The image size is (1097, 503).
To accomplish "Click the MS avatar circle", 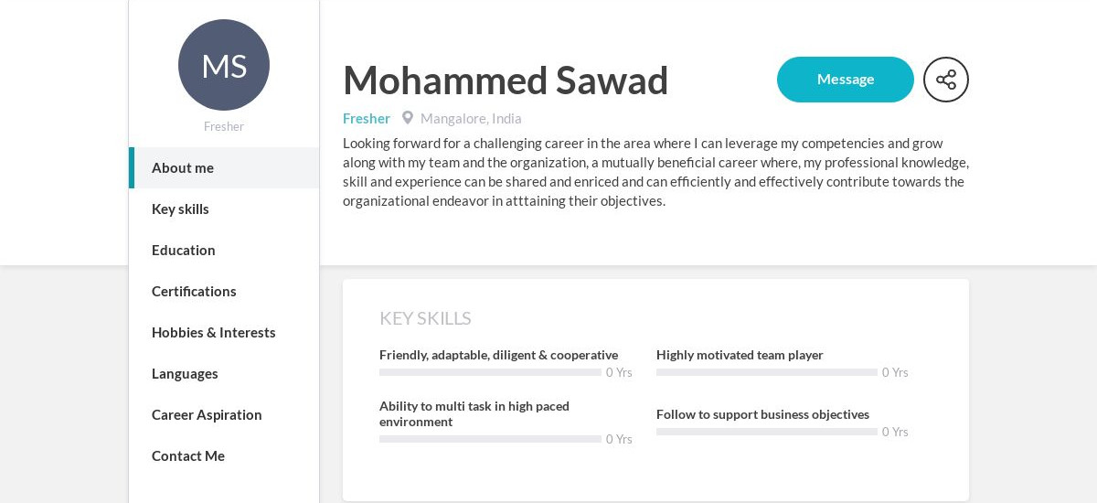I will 224,65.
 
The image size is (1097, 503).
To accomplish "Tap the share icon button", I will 945,80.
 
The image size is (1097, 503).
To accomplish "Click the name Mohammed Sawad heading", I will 506,80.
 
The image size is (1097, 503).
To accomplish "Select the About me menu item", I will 183,168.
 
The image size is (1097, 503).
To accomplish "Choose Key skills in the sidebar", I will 180,209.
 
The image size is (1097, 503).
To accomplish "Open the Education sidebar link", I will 184,251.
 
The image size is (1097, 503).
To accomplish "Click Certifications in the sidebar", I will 194,292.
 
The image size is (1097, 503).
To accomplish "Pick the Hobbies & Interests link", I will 214,333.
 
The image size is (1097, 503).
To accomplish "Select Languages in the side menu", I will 185,374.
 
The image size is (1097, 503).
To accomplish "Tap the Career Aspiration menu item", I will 207,415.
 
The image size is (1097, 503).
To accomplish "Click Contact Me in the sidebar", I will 188,456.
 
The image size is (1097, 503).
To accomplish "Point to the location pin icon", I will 408,118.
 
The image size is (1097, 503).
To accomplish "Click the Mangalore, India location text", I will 471,119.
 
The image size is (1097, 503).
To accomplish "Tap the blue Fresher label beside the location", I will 367,119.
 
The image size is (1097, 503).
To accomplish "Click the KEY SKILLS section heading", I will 425,318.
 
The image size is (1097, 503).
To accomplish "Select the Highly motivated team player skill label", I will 740,355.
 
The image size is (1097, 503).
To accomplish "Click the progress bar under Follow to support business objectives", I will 766,432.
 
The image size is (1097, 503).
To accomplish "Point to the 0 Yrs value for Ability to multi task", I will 619,440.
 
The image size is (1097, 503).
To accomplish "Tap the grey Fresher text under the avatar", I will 224,127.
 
